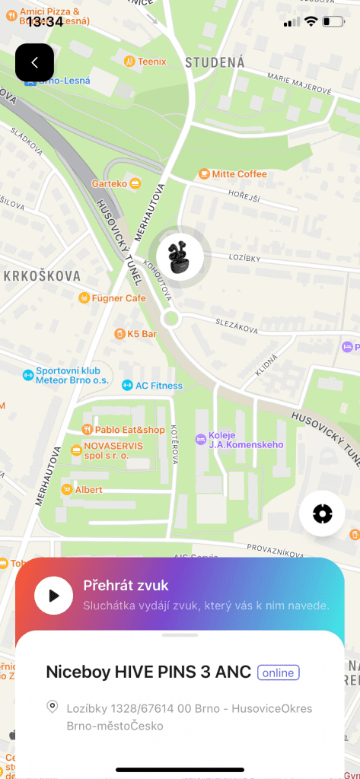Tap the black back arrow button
click(34, 62)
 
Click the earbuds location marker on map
click(180, 254)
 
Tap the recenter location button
click(322, 514)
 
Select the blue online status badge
click(279, 672)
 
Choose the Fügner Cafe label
click(118, 298)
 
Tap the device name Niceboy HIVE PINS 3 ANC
click(148, 672)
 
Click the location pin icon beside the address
click(53, 707)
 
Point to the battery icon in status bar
click(333, 21)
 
